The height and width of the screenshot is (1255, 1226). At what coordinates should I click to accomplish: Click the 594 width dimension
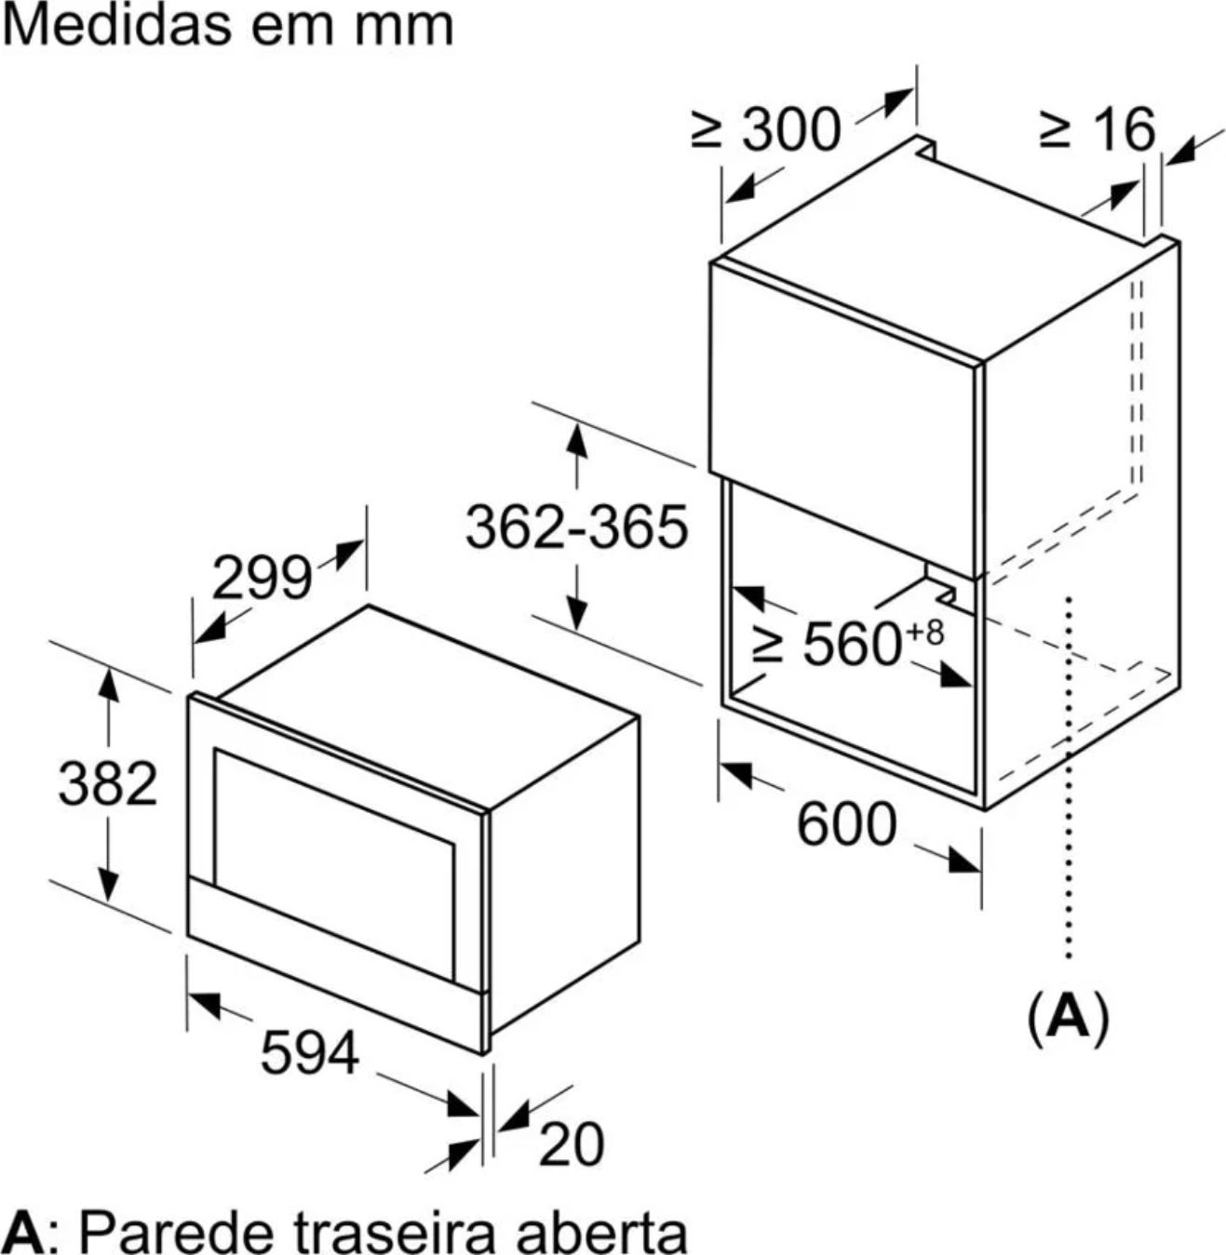point(310,1052)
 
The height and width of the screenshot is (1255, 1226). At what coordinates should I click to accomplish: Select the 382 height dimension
point(108,783)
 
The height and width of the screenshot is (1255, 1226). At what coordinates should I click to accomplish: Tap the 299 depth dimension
point(262,579)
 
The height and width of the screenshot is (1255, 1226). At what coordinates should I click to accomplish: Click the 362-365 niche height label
point(577,527)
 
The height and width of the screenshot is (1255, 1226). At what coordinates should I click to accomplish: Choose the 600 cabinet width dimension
point(846,823)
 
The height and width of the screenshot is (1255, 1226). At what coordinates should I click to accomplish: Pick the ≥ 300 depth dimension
point(766,130)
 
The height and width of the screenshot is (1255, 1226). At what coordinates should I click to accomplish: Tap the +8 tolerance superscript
point(924,633)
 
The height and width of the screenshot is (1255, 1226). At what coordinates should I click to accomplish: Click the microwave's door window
point(334,865)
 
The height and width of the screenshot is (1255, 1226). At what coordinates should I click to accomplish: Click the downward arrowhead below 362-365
point(577,611)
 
